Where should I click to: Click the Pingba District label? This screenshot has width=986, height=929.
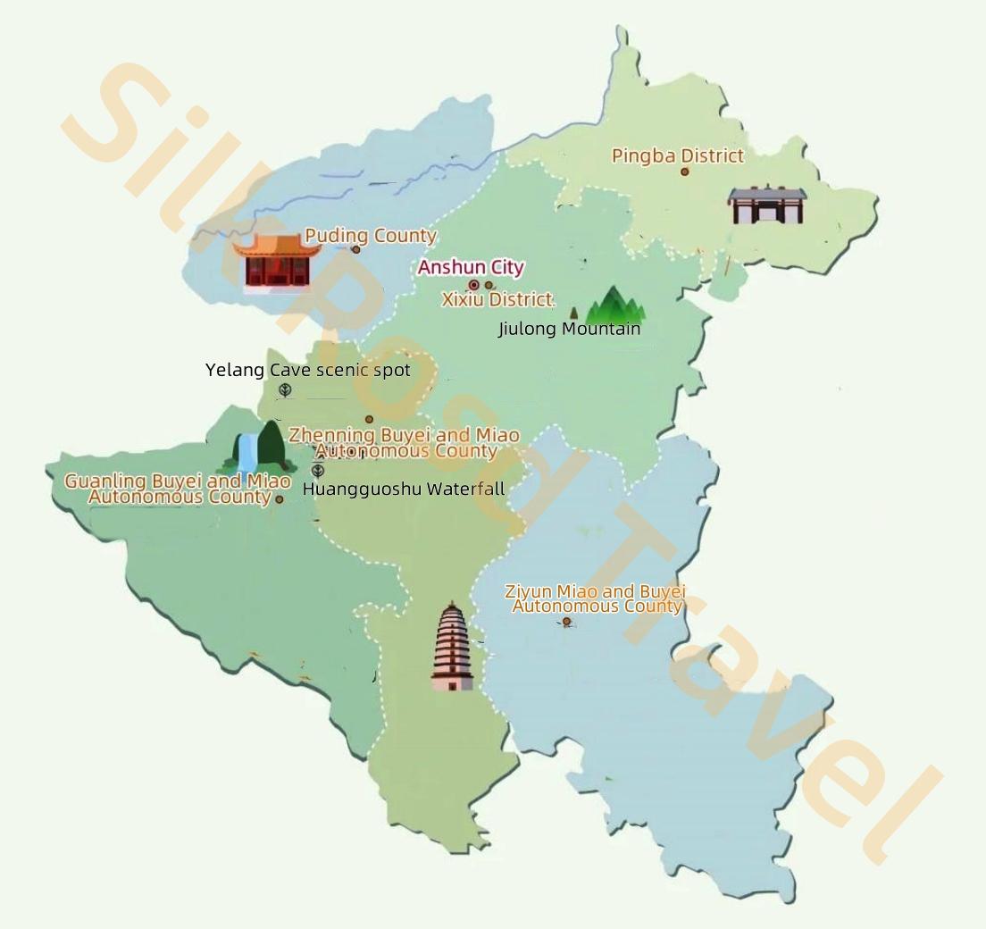[677, 155]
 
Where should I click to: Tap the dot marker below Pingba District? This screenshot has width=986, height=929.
[685, 172]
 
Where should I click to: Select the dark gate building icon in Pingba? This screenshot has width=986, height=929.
[766, 205]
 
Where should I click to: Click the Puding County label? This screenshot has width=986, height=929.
[371, 236]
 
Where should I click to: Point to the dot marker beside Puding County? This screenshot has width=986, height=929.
[355, 249]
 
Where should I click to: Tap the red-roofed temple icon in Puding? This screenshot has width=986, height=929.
[277, 262]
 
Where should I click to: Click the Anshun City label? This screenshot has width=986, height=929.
[471, 267]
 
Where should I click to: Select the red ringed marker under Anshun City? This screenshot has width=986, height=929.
[473, 285]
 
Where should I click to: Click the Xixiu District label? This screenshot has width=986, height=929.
[498, 299]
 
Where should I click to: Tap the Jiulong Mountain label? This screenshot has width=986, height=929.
[569, 329]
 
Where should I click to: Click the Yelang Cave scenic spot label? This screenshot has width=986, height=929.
[307, 370]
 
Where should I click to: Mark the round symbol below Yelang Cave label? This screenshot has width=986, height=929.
[285, 389]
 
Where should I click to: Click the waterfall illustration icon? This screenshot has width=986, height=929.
[259, 448]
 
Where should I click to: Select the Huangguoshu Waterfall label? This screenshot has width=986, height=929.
[404, 489]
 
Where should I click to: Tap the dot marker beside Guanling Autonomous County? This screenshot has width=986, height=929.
[279, 499]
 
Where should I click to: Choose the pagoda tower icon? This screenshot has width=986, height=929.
[453, 647]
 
